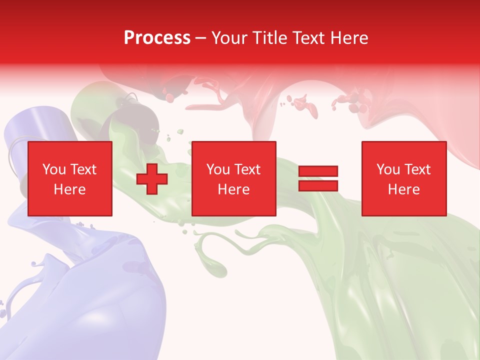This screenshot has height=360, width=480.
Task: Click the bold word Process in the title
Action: [x=157, y=38]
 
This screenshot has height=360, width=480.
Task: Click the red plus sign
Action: [x=152, y=179]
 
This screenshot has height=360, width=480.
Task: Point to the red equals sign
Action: [x=318, y=178]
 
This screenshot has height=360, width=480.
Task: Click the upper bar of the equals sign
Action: [x=318, y=171]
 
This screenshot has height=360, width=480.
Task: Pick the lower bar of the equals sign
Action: [x=318, y=185]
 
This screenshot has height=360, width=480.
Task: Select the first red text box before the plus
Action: [x=70, y=178]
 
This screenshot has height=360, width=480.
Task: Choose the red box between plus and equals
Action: [x=234, y=178]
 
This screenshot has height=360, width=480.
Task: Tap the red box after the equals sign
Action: [x=404, y=178]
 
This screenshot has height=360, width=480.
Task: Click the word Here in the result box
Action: [x=404, y=189]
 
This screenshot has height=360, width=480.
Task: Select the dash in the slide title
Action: [x=201, y=38]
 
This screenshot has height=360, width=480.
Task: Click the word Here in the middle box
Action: [x=234, y=189]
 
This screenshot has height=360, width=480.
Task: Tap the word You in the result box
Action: [x=388, y=169]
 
